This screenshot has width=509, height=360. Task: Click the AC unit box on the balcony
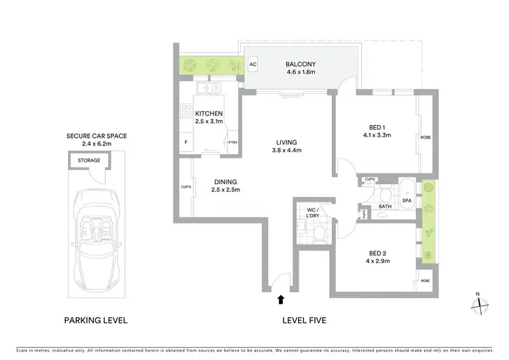[x=253, y=65]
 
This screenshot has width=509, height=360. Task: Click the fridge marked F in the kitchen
[x=186, y=142]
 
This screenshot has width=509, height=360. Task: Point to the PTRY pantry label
[x=233, y=142]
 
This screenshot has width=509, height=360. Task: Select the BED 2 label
[x=379, y=256]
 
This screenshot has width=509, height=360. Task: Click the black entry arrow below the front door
[x=280, y=299]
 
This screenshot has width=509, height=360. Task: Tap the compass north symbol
[x=480, y=304]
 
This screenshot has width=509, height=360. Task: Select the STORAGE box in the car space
[x=88, y=160]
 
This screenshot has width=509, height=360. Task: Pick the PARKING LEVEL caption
[x=96, y=320]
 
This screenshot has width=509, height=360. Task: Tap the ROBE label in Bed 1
[x=426, y=137]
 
